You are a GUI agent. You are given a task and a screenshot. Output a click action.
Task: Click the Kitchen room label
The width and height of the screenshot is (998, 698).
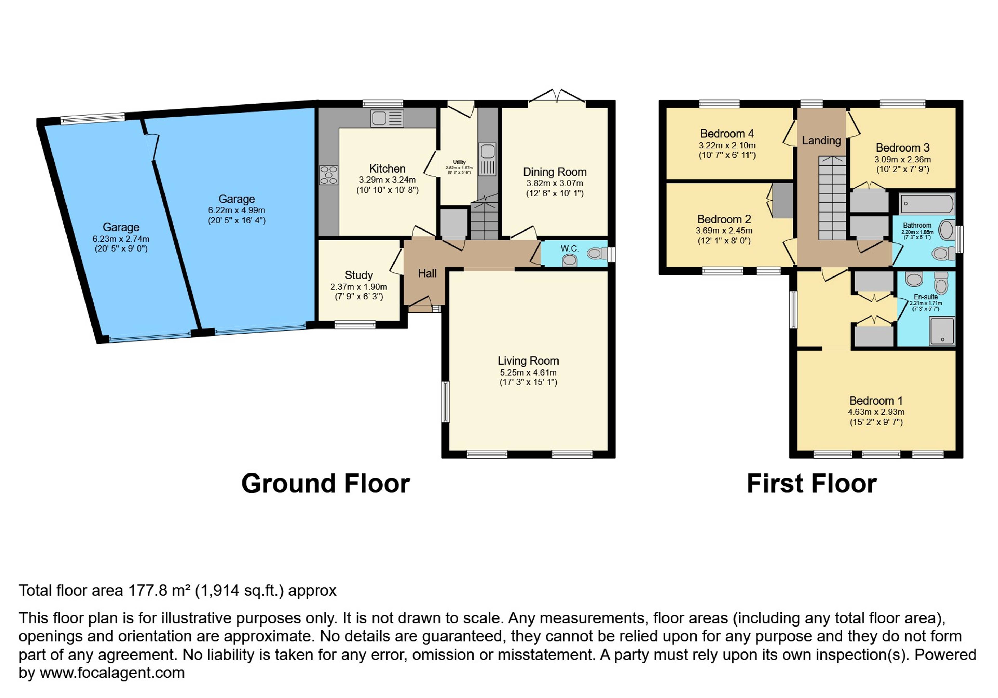pos(387,169)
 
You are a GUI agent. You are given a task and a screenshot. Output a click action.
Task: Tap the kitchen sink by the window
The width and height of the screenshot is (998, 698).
pos(387,118)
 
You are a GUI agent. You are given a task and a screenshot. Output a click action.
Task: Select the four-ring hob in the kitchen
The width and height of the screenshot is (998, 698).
pos(329,175)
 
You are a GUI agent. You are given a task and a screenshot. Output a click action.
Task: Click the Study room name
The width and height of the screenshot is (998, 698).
pos(359,275)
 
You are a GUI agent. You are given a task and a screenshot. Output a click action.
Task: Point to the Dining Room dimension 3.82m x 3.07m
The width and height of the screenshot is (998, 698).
pos(555,183)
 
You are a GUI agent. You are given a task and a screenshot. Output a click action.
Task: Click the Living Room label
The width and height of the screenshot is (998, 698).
pos(528,361)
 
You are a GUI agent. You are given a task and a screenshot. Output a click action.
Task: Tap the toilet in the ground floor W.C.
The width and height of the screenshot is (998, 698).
pos(598,253)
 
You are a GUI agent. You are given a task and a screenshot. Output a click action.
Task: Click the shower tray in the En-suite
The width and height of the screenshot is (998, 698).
pos(942,331)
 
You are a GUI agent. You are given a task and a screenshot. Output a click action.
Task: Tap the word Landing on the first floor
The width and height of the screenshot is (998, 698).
pos(821,140)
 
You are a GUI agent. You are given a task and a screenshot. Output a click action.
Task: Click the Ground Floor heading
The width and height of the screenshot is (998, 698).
pos(326,484)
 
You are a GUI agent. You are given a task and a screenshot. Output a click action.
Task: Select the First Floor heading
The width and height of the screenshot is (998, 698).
pos(812,484)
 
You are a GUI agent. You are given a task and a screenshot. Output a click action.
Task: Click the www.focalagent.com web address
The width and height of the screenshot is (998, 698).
pos(112,673)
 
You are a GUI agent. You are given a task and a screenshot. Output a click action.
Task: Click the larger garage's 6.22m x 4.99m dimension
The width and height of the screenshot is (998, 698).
pos(237,210)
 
